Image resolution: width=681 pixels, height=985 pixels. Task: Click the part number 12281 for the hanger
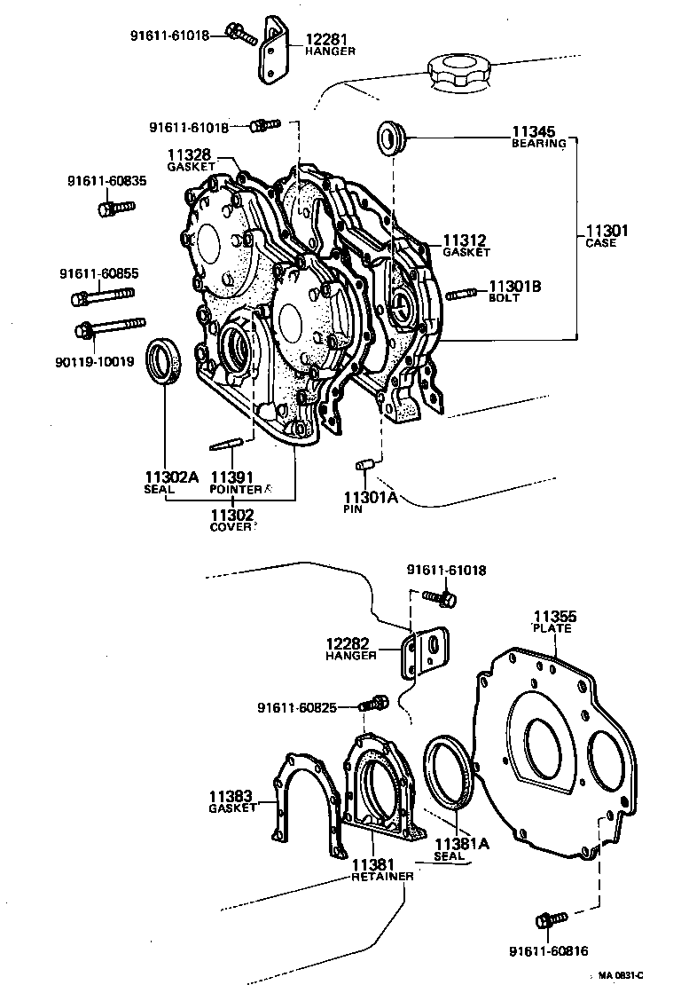click(327, 39)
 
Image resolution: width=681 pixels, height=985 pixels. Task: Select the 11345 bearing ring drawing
click(390, 138)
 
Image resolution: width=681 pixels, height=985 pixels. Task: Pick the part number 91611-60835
click(106, 181)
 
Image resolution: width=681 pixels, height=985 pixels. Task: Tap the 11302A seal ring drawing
click(166, 360)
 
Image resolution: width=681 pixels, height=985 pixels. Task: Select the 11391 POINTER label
click(234, 482)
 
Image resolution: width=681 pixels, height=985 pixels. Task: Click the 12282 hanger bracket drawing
click(427, 653)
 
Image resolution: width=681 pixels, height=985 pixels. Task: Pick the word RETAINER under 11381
click(382, 876)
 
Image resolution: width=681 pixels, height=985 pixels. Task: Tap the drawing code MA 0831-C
click(645, 975)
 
